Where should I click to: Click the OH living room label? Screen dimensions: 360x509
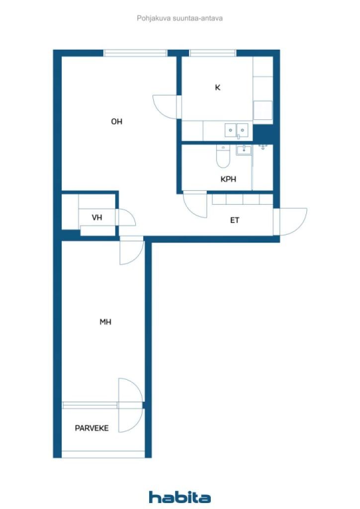point(116,121)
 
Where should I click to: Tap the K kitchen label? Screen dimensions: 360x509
point(217,87)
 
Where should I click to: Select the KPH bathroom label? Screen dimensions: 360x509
point(228,179)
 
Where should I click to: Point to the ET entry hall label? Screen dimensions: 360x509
point(234,220)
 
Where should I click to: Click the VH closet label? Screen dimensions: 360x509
point(97,218)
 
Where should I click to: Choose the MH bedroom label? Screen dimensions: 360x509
point(105,322)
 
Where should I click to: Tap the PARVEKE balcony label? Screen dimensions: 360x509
point(91,428)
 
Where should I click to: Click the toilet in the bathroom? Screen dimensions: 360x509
point(223,157)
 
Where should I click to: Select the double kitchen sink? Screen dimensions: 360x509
point(237,130)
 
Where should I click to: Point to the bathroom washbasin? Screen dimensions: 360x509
point(244,150)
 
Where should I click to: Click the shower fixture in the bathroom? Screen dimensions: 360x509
point(263,147)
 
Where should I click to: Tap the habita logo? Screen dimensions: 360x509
point(180,497)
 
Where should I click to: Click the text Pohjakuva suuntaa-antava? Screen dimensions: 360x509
point(180,18)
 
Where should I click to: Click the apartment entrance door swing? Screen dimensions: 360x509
point(290,222)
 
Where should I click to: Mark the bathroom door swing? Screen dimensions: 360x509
point(195,204)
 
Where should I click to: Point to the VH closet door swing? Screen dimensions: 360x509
point(125,217)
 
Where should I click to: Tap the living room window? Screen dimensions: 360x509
point(135,53)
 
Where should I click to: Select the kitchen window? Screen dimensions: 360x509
point(213,53)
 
